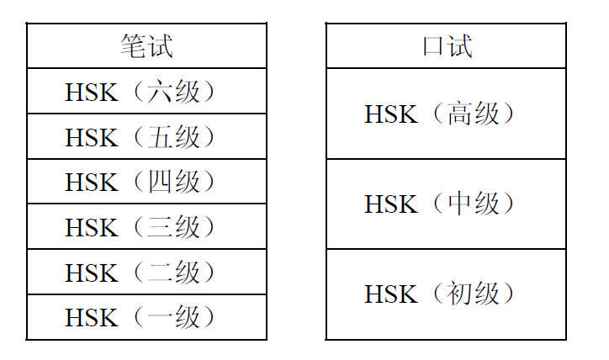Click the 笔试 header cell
(147, 45)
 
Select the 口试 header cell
(446, 45)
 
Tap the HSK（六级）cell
(147, 91)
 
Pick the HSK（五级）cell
(147, 136)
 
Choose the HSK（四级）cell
(147, 181)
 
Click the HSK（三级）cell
(147, 226)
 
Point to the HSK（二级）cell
(147, 272)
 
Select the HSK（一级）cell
(147, 317)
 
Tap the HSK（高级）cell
(446, 114)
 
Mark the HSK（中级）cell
(446, 204)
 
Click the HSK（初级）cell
(446, 294)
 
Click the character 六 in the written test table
(159, 92)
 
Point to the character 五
(159, 137)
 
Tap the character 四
(159, 182)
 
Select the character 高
(459, 114)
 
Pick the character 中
(459, 204)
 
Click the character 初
(458, 294)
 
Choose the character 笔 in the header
(133, 45)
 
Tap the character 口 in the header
(433, 45)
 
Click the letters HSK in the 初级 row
(391, 294)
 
